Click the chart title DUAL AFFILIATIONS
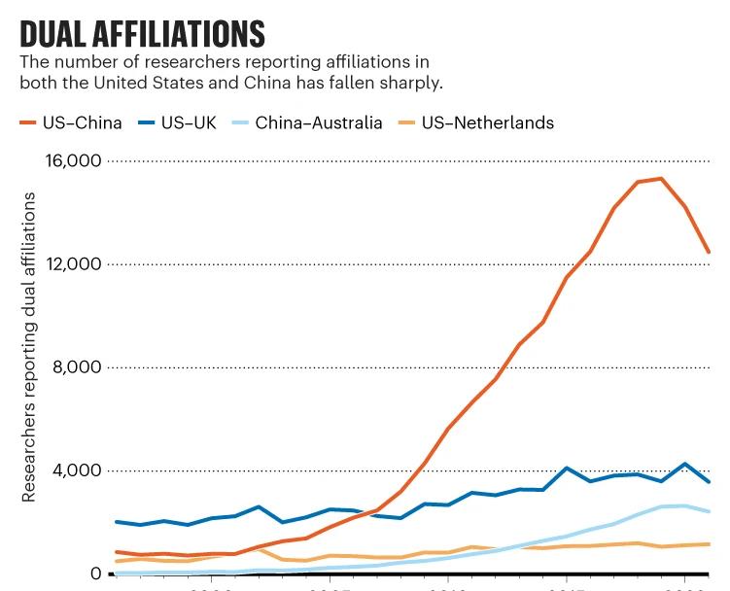pyautogui.click(x=142, y=34)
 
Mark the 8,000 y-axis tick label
pyautogui.click(x=78, y=367)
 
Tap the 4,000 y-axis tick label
pyautogui.click(x=78, y=470)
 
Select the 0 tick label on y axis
pyautogui.click(x=95, y=574)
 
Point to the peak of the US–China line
pyautogui.click(x=661, y=179)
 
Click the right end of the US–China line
pyautogui.click(x=709, y=252)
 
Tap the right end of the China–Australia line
pyautogui.click(x=709, y=511)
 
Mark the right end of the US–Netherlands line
pyautogui.click(x=709, y=543)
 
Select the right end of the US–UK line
pyautogui.click(x=709, y=481)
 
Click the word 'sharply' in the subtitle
pyautogui.click(x=413, y=83)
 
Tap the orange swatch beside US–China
pyautogui.click(x=27, y=123)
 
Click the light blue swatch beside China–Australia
pyautogui.click(x=239, y=123)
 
